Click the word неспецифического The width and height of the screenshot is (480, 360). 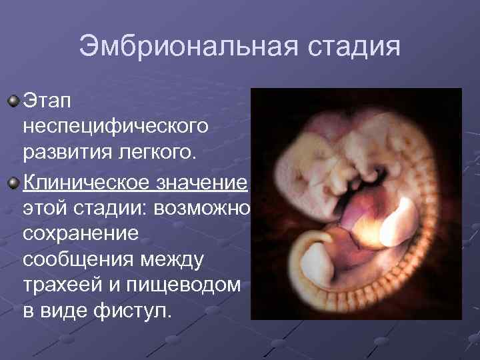pos(115,127)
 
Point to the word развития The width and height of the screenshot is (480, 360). pos(66,153)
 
